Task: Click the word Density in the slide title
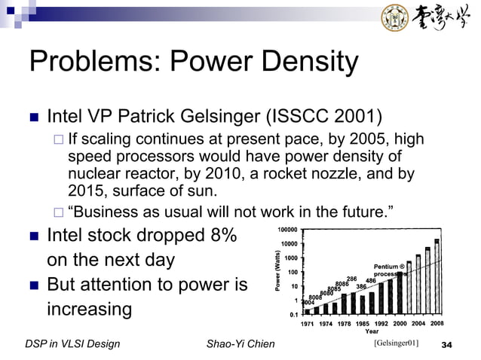(x=302, y=63)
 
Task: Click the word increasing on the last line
(x=90, y=309)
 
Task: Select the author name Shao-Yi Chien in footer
(x=240, y=345)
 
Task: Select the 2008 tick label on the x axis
(x=437, y=323)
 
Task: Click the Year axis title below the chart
(x=372, y=331)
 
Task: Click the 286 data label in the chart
(x=351, y=279)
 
